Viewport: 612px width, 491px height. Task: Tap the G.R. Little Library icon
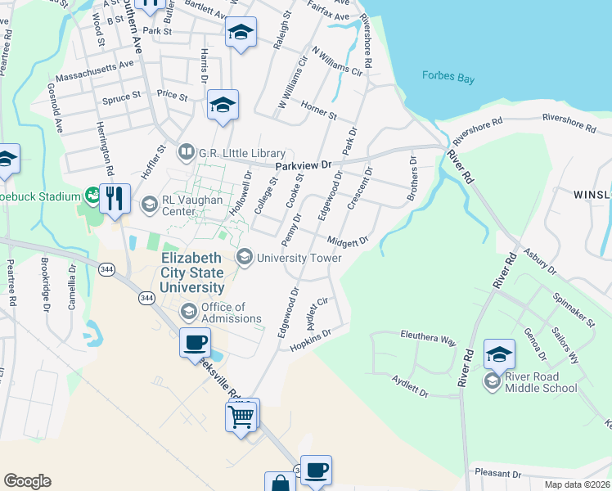pos(187,152)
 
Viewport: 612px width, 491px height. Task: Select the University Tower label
pos(299,258)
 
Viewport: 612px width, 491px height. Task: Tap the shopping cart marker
pos(242,416)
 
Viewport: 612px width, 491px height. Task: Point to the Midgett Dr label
pos(349,241)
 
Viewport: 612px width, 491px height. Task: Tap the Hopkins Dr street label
pos(311,340)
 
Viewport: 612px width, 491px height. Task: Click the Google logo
pos(28,481)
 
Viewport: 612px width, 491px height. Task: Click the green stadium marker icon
pos(92,195)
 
